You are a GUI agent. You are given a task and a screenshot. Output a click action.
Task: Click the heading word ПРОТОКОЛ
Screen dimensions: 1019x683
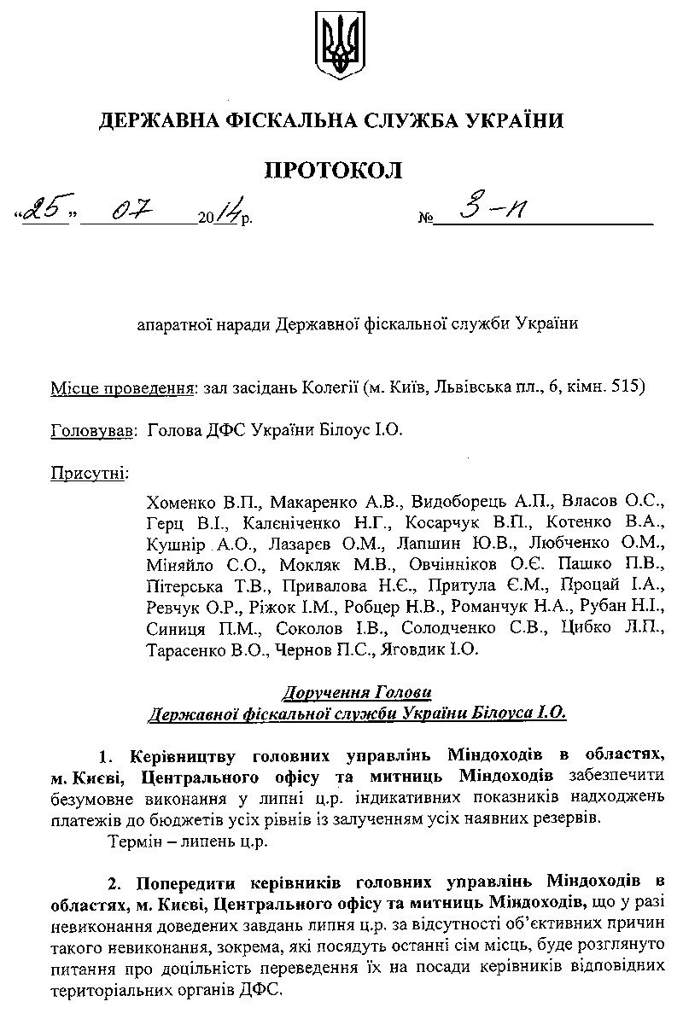pyautogui.click(x=333, y=170)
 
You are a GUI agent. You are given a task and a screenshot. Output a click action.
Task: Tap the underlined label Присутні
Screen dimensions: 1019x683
pyautogui.click(x=88, y=471)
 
